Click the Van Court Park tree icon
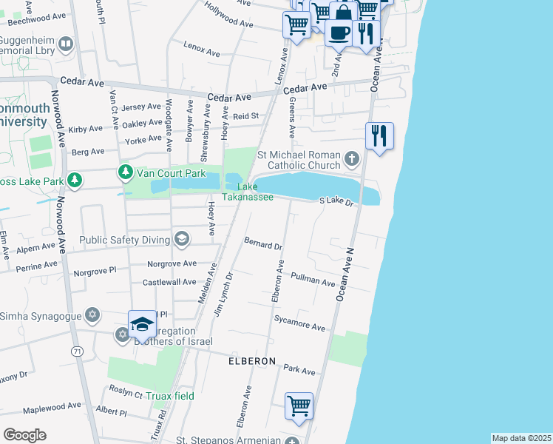pos(126,172)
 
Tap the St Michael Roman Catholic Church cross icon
pos(352,158)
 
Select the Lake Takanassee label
pos(248,192)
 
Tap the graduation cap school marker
pos(142,324)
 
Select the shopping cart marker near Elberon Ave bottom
pos(299,406)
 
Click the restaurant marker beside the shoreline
pos(379,135)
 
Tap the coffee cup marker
pos(339,33)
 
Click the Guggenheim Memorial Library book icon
pos(66,45)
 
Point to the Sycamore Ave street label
pos(299,326)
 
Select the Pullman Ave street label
pos(314,280)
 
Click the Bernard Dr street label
pos(263,244)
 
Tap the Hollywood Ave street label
pos(230,20)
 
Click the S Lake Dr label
pos(338,201)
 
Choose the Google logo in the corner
pos(24,434)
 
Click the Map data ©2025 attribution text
pos(521,438)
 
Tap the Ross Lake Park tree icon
pos(75,180)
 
